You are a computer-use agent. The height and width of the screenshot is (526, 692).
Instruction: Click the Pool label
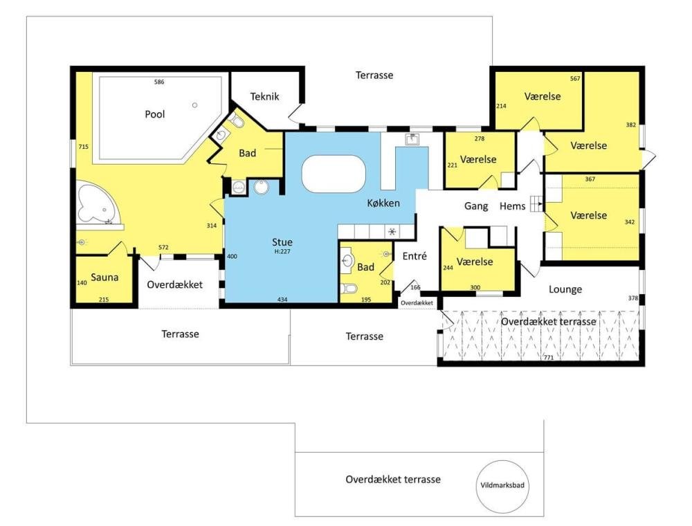155,114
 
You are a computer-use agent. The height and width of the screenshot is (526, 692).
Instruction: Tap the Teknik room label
265,97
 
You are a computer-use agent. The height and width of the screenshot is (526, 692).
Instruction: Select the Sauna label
104,277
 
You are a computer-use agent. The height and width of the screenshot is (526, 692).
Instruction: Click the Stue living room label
282,242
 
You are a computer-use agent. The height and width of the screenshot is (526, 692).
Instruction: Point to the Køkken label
383,203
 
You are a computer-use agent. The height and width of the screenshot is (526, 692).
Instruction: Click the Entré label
415,256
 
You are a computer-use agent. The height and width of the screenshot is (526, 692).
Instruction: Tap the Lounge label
565,289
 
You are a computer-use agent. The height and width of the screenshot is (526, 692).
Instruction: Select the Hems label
512,206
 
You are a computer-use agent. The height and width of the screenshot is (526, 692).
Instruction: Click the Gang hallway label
476,206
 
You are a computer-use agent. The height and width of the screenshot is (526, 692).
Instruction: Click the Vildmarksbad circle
502,461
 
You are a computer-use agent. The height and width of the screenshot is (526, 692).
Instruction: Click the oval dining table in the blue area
334,174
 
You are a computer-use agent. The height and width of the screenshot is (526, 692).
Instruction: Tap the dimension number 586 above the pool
159,82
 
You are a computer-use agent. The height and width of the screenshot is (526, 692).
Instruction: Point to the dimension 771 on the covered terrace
549,357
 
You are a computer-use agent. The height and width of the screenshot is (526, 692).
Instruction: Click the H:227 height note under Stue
282,251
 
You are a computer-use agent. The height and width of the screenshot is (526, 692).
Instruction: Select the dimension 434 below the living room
282,300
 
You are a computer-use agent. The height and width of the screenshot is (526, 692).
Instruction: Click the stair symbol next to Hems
536,203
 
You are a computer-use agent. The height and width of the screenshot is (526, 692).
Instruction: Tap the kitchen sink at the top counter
412,139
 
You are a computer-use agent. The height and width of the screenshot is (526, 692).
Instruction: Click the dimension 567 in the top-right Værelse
575,78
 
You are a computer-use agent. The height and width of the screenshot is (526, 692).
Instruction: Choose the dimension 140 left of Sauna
82,283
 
